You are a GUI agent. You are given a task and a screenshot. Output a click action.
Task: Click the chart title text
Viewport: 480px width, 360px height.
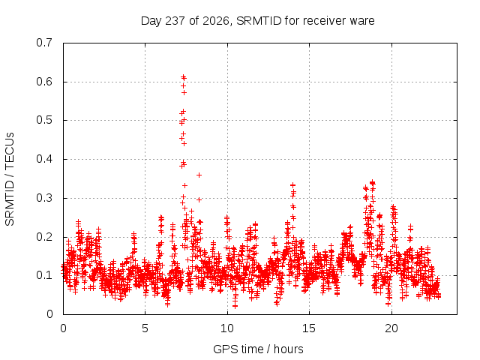click(x=257, y=21)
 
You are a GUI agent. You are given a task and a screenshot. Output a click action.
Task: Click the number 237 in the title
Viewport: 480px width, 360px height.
click(x=175, y=21)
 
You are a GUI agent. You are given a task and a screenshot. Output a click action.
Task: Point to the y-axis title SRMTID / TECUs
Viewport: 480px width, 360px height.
click(x=10, y=179)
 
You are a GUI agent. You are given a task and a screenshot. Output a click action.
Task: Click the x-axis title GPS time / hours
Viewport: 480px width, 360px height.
click(x=258, y=349)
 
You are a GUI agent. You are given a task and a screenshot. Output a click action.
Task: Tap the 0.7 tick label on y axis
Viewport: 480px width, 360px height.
click(x=44, y=43)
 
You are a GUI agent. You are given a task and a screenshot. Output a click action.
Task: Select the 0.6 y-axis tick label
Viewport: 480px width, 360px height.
click(x=44, y=82)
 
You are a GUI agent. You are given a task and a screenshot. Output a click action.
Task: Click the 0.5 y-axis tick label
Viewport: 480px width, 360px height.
click(x=44, y=120)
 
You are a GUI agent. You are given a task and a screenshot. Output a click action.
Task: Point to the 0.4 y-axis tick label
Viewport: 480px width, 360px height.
click(x=44, y=159)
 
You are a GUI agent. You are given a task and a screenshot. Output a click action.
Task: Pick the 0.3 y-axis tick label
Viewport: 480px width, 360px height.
click(x=44, y=198)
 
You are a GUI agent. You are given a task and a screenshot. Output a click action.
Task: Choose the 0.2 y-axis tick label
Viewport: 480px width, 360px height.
click(x=44, y=237)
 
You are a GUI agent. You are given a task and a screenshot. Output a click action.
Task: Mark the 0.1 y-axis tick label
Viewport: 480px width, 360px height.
click(x=44, y=275)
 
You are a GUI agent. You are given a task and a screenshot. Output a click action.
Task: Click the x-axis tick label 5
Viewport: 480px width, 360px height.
click(x=145, y=328)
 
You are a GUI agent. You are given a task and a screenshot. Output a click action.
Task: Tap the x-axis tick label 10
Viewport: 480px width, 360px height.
click(x=227, y=328)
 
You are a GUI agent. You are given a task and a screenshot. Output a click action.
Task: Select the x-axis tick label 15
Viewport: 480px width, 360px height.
click(x=309, y=328)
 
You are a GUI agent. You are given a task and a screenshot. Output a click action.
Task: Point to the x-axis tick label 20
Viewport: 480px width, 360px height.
click(x=391, y=328)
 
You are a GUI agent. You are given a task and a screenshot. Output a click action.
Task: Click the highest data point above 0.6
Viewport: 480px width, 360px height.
click(x=183, y=76)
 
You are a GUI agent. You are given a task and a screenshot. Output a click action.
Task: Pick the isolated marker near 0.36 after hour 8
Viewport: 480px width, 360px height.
click(x=199, y=175)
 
